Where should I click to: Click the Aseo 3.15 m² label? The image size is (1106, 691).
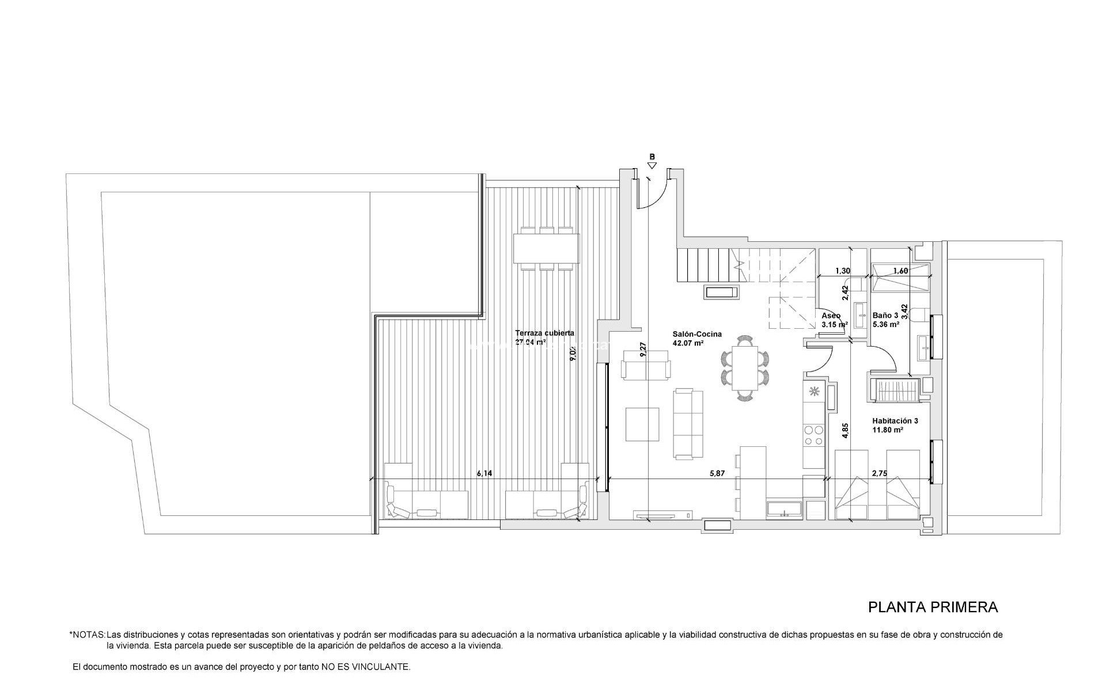tap(834, 320)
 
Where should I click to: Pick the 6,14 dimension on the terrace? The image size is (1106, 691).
tap(484, 473)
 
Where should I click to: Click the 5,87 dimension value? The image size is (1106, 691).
tap(717, 473)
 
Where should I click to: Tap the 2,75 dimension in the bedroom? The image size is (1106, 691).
tap(880, 473)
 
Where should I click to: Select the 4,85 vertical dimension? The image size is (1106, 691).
tap(845, 431)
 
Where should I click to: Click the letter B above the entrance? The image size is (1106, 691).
tap(652, 157)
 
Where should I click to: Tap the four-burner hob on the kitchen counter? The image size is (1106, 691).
tap(814, 435)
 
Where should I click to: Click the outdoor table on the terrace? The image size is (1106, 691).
tap(547, 248)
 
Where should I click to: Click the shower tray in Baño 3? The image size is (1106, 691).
tap(900, 278)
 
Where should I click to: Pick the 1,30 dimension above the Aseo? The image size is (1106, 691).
tap(842, 271)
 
